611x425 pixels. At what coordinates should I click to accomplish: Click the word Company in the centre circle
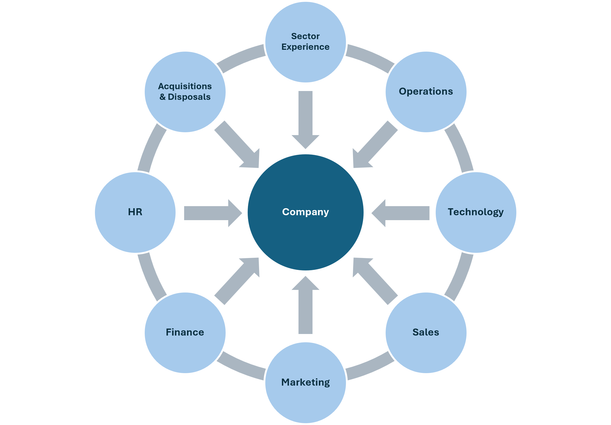point(305,212)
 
